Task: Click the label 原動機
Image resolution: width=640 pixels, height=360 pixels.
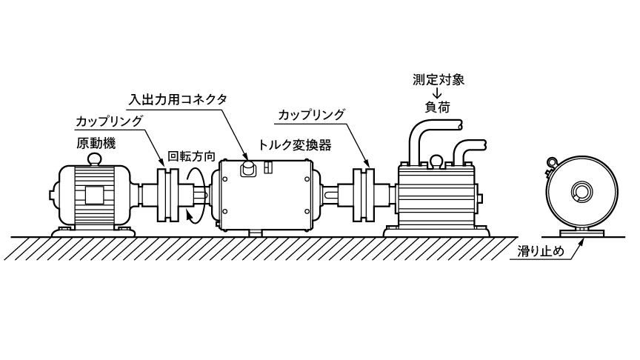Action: [x=94, y=143]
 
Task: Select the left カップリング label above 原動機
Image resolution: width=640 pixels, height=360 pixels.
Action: [x=110, y=120]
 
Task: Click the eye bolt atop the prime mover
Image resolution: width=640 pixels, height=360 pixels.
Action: [x=94, y=158]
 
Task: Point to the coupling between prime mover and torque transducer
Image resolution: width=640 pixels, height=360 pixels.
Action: [x=169, y=195]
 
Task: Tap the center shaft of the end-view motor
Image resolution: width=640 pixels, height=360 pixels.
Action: [x=577, y=195]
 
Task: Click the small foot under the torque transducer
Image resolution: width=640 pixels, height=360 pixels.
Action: [x=256, y=233]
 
